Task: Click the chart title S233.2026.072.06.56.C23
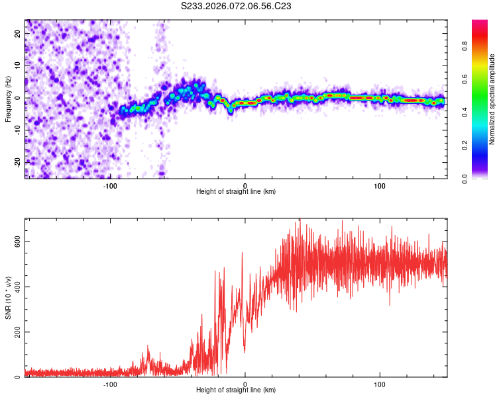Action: tap(237, 6)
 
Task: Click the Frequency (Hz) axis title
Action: tap(8, 99)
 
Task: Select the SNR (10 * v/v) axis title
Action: tap(8, 298)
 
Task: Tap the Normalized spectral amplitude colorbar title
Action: tap(492, 99)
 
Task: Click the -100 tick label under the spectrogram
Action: tap(110, 186)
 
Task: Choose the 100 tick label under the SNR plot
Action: tap(380, 384)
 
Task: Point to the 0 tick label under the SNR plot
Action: tap(245, 384)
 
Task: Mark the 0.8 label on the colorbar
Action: tap(484, 47)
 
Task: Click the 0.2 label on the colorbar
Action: tap(484, 146)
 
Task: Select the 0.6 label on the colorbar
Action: tap(484, 80)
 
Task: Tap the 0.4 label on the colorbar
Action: tap(484, 112)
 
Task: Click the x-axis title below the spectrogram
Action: tap(236, 192)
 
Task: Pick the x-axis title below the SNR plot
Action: tap(236, 390)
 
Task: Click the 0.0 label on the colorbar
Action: tap(484, 178)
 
